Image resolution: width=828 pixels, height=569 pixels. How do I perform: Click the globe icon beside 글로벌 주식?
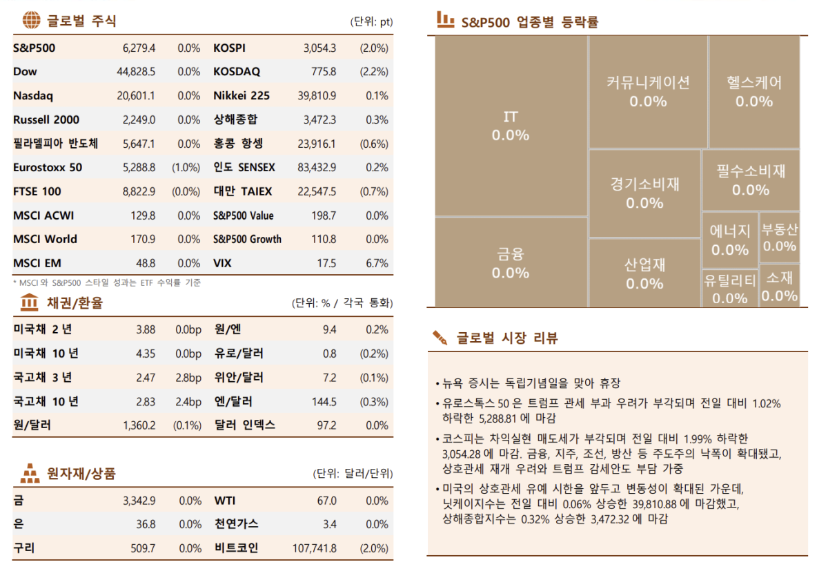(x=32, y=21)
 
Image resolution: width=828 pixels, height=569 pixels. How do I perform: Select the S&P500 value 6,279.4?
(x=139, y=48)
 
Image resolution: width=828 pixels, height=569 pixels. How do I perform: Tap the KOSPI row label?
(x=229, y=48)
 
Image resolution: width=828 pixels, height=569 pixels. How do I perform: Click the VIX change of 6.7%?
(x=377, y=263)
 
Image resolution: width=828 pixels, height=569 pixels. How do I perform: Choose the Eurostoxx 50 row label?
(x=47, y=168)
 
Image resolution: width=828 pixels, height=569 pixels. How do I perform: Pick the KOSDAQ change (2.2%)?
(x=374, y=72)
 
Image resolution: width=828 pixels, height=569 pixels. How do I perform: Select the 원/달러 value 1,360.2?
(x=139, y=425)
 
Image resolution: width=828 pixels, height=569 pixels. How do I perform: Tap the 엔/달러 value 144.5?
(x=324, y=402)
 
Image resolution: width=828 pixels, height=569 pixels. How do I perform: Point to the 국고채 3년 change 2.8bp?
(x=188, y=378)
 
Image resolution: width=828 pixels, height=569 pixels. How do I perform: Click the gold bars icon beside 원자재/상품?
(x=30, y=474)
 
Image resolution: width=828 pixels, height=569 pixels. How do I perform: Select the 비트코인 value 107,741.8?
(x=315, y=548)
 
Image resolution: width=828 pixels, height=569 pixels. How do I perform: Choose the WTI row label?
(x=225, y=501)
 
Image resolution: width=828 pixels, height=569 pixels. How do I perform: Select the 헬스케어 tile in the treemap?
(x=753, y=91)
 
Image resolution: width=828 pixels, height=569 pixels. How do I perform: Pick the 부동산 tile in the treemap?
(x=779, y=237)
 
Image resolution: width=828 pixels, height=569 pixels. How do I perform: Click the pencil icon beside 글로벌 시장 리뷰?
(x=440, y=338)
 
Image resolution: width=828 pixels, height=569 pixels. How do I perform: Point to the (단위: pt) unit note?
(x=371, y=21)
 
